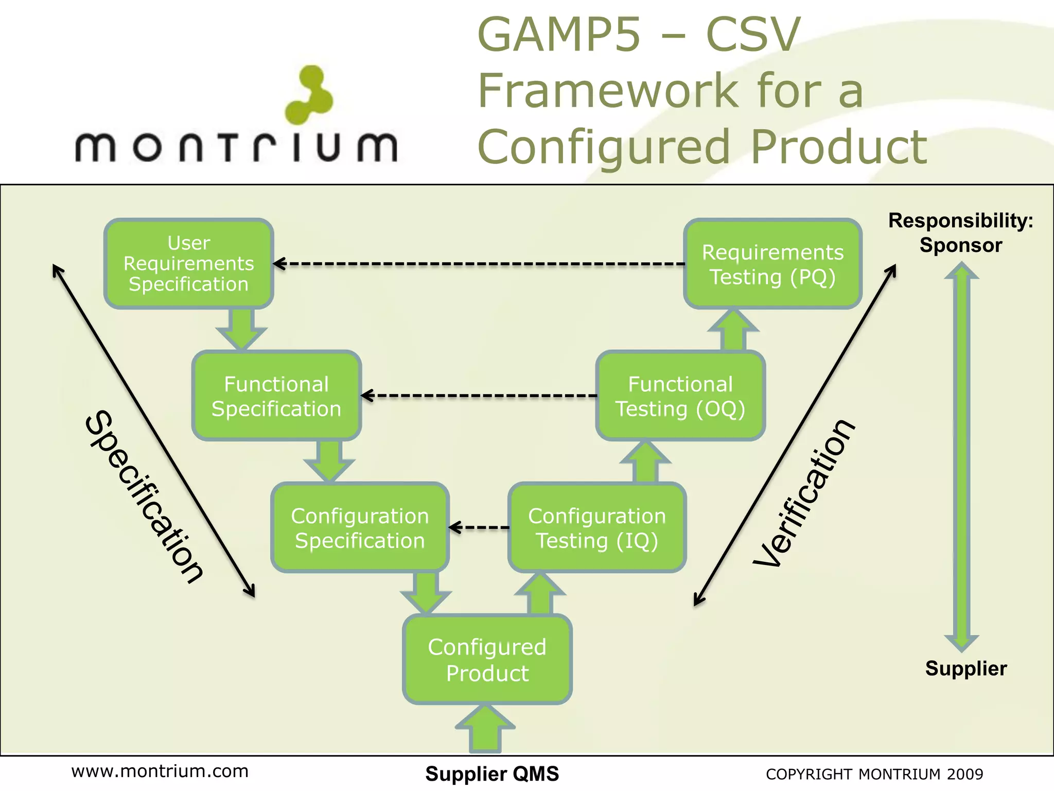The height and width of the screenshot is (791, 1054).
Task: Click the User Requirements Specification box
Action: coord(189,264)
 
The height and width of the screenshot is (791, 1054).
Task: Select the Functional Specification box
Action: coord(276,396)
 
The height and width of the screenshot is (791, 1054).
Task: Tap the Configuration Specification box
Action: coord(360,528)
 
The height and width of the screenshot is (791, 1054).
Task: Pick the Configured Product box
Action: coord(487,660)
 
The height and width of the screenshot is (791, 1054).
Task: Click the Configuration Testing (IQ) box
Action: coord(597,528)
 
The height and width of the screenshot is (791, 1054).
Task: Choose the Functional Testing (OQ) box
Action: coord(680,396)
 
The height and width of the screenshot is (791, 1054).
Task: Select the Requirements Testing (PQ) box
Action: coord(772,264)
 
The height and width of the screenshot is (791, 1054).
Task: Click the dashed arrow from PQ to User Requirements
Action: coord(479,264)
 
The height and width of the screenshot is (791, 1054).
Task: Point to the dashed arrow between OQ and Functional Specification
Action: coord(479,396)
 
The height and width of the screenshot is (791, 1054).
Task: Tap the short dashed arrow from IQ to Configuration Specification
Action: coord(479,527)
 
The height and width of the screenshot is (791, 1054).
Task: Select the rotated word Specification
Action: coord(144,497)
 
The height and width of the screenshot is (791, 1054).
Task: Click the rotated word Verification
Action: coord(804,493)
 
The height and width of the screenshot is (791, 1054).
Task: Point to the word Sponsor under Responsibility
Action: coord(960,245)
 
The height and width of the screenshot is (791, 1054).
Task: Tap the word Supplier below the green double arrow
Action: coord(965,668)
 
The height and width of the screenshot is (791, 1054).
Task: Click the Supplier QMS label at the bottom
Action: coord(492,774)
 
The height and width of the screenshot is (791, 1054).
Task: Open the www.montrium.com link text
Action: coord(160,771)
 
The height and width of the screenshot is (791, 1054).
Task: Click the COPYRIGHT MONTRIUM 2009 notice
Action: coord(874,774)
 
